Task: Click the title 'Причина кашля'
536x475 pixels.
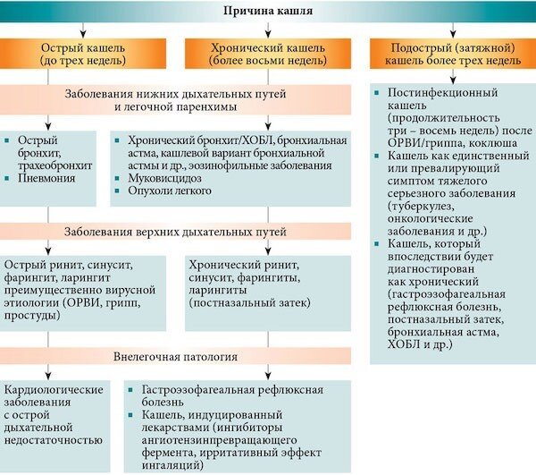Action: tap(267, 11)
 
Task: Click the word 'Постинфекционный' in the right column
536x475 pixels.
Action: tap(439, 92)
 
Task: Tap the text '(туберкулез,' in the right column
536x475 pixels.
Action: tap(425, 208)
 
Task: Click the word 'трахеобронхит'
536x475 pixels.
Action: tap(60, 165)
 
